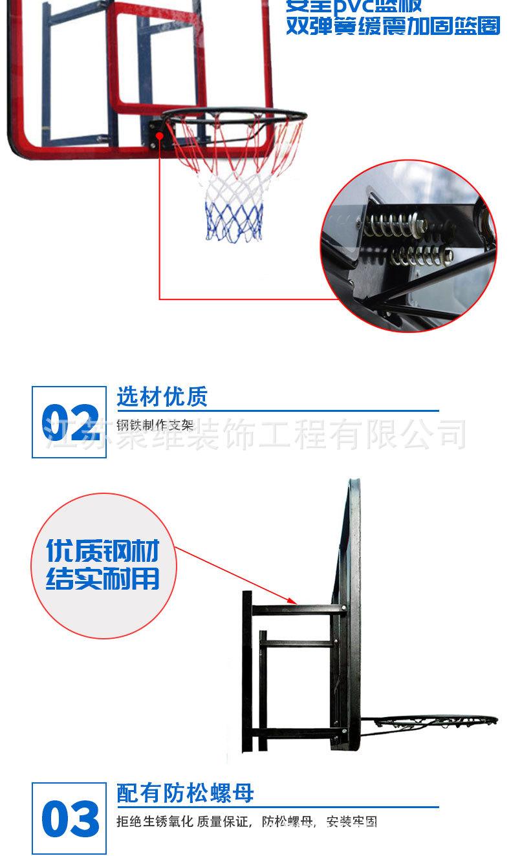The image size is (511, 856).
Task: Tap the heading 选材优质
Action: [x=162, y=397]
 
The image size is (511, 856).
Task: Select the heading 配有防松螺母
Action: [x=185, y=793]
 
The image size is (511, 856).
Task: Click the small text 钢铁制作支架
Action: [x=155, y=425]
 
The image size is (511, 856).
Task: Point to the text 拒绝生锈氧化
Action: [x=146, y=822]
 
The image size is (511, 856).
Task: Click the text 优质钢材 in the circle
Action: [x=102, y=551]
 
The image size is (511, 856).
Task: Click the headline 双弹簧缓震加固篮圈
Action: [x=393, y=27]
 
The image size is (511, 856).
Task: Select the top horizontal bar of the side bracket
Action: [x=294, y=609]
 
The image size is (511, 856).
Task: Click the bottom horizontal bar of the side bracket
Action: [x=294, y=733]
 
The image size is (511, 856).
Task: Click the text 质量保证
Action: [x=226, y=822]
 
